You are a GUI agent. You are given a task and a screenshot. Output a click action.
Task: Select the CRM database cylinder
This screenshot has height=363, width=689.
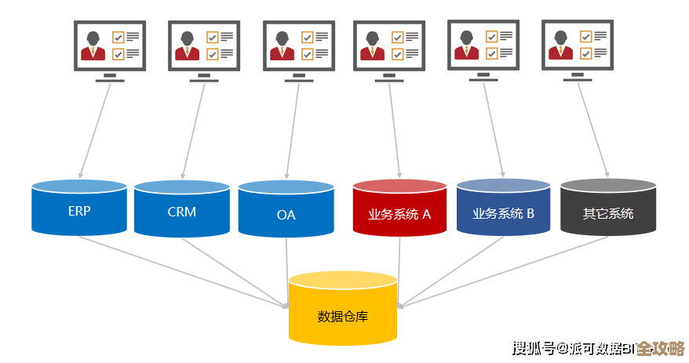[x=182, y=209]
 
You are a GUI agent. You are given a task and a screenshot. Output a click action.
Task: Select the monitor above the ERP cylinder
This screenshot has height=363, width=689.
[x=110, y=46]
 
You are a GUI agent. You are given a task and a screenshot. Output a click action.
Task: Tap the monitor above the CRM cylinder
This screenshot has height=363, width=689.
[x=204, y=46]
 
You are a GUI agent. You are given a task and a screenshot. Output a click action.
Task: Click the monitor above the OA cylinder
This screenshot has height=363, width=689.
[x=299, y=46]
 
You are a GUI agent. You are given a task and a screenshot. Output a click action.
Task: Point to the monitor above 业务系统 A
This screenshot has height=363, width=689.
[x=389, y=46]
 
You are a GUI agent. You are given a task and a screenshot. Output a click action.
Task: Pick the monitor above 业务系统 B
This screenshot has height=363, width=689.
[x=483, y=45]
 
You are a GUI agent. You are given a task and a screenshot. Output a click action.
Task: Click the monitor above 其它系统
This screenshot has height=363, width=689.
[x=578, y=45]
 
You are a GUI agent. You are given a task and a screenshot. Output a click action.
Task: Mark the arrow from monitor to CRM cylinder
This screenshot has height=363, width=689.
[x=193, y=129]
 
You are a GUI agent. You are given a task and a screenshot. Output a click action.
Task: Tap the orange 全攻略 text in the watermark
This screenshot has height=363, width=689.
[x=660, y=348]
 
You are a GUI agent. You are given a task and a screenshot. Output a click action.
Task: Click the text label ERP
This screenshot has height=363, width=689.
[x=79, y=212]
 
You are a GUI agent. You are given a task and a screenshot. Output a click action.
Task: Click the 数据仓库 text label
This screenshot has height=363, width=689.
[x=342, y=317]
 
